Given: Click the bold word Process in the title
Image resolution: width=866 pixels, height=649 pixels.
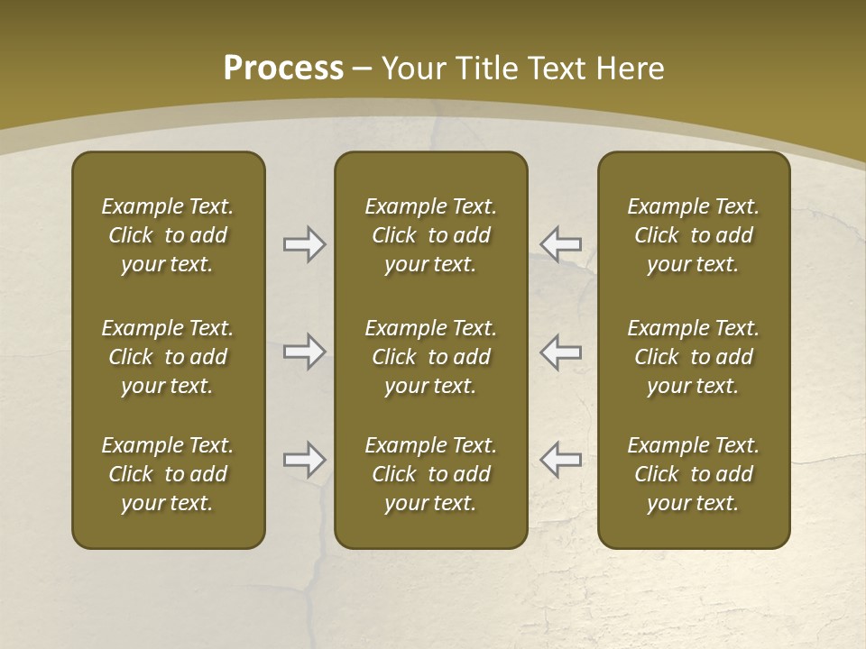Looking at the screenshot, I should [283, 69].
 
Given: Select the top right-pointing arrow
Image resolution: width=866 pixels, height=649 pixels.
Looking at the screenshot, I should [305, 243].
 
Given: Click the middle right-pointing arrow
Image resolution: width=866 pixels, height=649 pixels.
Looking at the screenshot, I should [305, 352].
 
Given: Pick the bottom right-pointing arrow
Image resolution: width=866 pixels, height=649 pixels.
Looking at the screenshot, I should [305, 460].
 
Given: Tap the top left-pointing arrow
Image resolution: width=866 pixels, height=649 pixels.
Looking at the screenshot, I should [560, 243].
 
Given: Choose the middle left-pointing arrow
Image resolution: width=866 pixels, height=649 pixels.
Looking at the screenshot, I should [560, 352].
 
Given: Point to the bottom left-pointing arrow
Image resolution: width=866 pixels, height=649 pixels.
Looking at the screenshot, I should [560, 460].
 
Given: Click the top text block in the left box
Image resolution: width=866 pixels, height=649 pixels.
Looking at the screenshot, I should [168, 235].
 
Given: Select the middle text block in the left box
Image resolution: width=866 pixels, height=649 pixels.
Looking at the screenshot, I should [168, 357].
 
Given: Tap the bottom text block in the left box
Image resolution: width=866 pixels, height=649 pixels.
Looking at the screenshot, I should [168, 474].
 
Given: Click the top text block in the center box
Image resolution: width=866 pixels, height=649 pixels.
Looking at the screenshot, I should [430, 235].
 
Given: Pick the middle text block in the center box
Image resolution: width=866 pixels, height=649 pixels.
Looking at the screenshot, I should [430, 357].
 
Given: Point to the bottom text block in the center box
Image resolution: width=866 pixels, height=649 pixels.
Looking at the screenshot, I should [430, 474].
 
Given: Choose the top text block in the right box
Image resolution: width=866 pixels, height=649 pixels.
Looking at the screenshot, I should [693, 235].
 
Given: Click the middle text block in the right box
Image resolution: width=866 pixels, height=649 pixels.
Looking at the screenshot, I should [693, 357].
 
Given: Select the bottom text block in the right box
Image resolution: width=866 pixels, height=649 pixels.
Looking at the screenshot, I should [693, 474].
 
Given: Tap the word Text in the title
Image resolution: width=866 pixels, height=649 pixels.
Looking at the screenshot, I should [562, 69].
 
